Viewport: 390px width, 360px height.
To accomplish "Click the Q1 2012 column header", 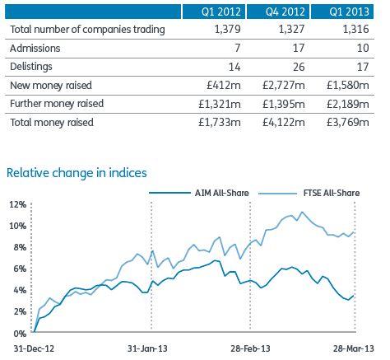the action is [221, 12].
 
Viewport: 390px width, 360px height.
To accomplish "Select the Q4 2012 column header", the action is [286, 12].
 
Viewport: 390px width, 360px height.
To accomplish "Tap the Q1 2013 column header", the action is [349, 12].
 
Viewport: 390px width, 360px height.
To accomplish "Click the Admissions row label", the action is [35, 49].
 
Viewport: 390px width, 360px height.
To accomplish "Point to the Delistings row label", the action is [31, 67].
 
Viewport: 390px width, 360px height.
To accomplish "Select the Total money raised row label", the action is [52, 123].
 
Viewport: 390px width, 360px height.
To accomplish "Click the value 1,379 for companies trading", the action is [228, 30].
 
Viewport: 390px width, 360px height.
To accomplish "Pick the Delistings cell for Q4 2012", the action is [299, 67].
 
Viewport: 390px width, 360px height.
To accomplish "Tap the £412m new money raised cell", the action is [224, 86].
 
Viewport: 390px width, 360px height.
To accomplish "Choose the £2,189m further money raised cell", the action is [348, 104].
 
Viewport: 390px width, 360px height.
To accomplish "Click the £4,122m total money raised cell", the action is [284, 123].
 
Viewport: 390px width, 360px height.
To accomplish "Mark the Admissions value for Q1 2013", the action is [363, 49].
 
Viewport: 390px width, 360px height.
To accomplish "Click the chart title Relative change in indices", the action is [77, 173].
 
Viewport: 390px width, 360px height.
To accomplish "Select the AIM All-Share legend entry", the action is [199, 193].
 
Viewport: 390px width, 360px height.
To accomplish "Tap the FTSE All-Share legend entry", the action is [309, 193].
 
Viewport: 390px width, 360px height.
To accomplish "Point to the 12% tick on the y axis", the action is [18, 204].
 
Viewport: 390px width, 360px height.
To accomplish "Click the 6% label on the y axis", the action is [20, 269].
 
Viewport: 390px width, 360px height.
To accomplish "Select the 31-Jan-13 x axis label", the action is [147, 348].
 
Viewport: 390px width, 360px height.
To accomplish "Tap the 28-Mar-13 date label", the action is [354, 348].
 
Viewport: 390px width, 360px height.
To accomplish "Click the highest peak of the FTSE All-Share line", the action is [302, 212].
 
